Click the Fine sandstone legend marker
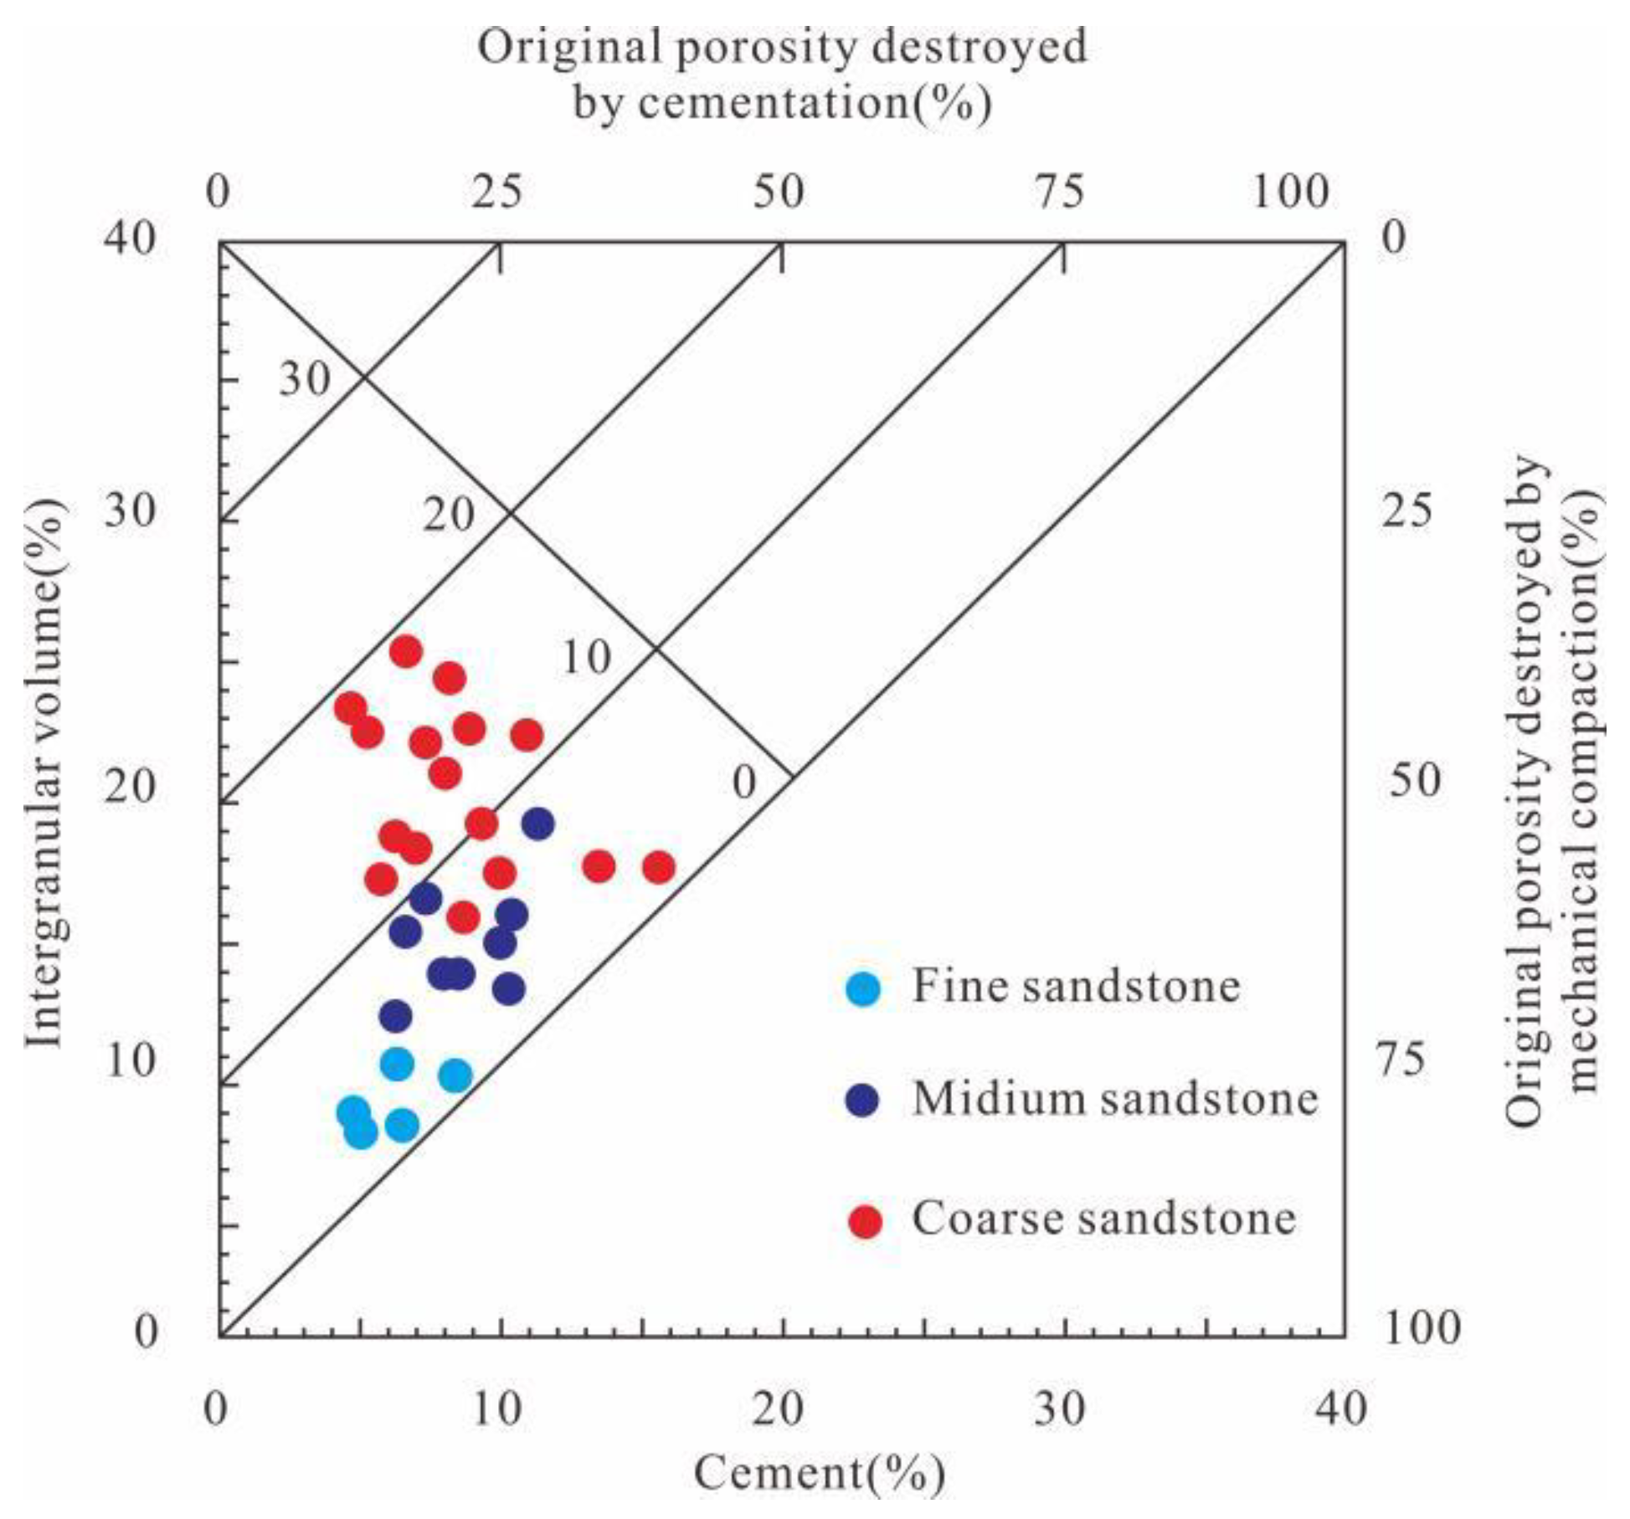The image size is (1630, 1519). pos(863,988)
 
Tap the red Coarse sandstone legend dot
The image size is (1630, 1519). pos(865,1221)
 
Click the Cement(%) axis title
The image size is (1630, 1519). pos(819,1474)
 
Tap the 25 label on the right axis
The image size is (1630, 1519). pos(1406,511)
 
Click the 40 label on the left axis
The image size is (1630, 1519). pos(130,239)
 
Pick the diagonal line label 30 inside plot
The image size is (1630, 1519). pos(305,379)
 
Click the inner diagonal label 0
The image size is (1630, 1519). pos(743,783)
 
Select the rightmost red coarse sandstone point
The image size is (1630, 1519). pos(659,868)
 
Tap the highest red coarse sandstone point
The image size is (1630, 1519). pos(406,651)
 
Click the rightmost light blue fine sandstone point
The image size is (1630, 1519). pos(455,1075)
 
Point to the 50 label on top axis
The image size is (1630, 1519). pos(779,192)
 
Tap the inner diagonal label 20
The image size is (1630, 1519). pos(448,515)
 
